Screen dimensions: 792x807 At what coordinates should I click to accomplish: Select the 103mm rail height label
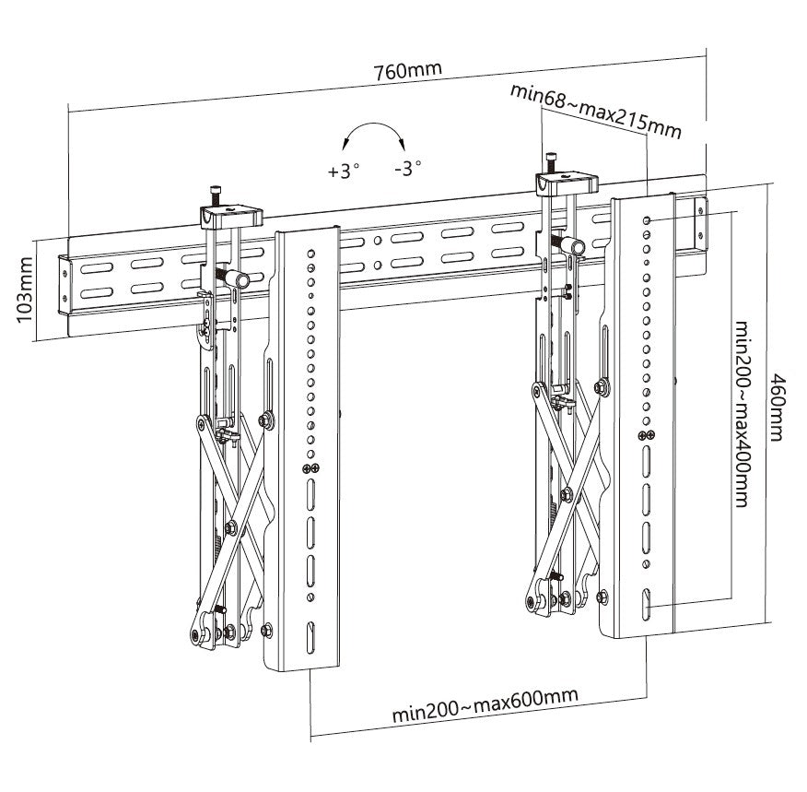26,291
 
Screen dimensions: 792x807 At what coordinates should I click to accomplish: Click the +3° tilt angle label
343,171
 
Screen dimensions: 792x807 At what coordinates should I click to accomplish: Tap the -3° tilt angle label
406,168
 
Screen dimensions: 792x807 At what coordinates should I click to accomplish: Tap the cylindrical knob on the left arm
238,278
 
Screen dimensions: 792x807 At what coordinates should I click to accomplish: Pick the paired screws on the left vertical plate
311,469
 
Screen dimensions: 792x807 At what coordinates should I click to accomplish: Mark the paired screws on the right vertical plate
648,435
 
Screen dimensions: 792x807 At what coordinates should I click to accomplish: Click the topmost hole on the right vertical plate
649,220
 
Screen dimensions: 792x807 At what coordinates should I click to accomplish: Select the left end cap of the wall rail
64,280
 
